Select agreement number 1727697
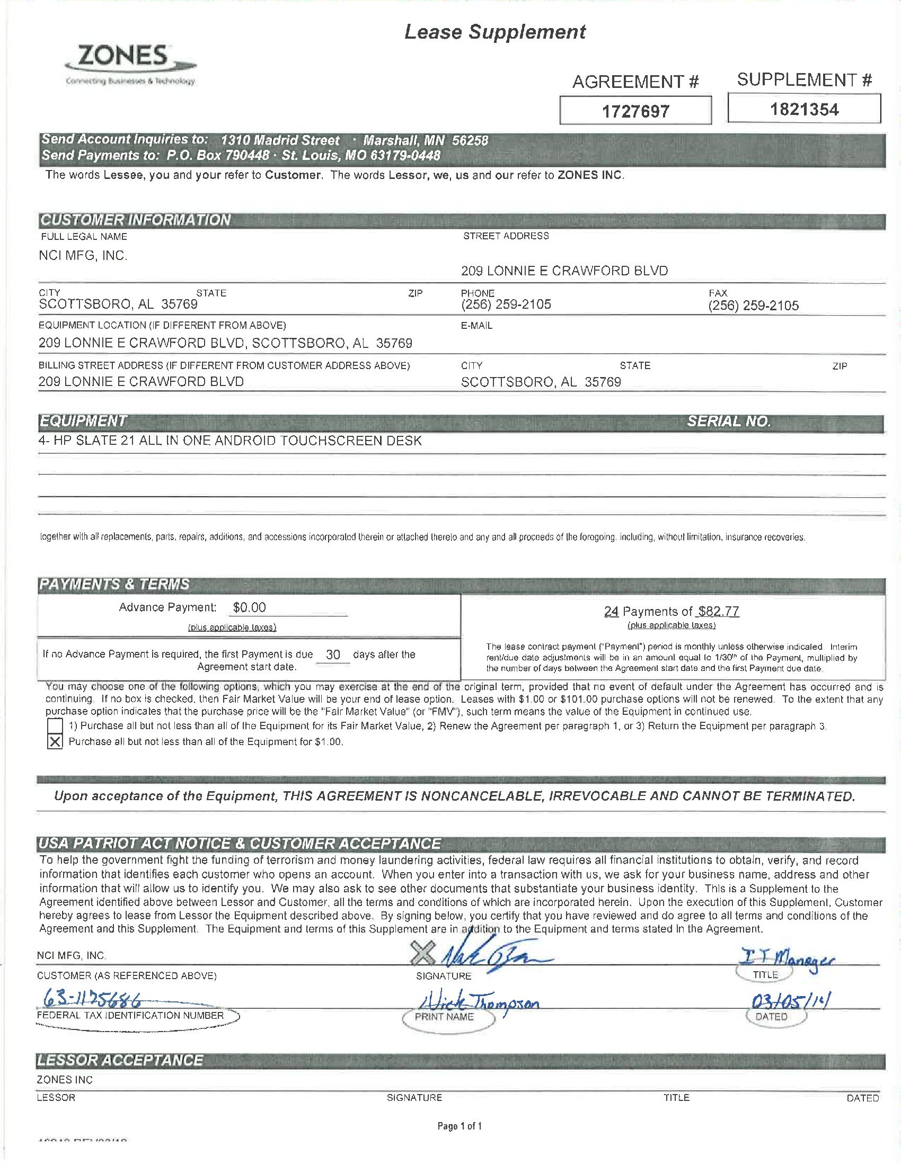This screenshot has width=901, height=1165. click(x=635, y=112)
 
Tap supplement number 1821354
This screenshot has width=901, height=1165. click(x=804, y=110)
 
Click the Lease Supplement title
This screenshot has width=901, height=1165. click(x=495, y=32)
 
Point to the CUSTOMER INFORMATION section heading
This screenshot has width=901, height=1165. click(x=136, y=220)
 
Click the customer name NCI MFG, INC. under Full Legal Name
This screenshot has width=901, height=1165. click(x=83, y=256)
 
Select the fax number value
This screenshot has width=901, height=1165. click(x=753, y=306)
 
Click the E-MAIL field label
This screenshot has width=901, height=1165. click(x=476, y=325)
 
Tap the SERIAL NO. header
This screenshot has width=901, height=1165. click(x=729, y=422)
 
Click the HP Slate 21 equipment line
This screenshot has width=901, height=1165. click(x=230, y=441)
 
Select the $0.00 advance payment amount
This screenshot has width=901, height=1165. click(x=249, y=607)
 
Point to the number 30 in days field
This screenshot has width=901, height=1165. click(x=332, y=655)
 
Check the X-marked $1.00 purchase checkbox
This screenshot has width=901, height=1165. click(x=55, y=741)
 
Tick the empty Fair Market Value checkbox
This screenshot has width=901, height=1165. click(x=55, y=725)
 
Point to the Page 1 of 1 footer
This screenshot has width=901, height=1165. click(x=460, y=1125)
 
